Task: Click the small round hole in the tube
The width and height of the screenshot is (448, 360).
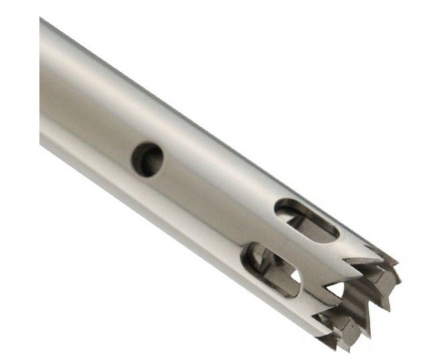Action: [x=147, y=159]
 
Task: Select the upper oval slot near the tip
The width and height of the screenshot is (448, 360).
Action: [x=306, y=219]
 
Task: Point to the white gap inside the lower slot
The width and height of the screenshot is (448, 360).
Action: [x=294, y=276]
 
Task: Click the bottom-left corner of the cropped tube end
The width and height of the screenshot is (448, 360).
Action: [x=41, y=145]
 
